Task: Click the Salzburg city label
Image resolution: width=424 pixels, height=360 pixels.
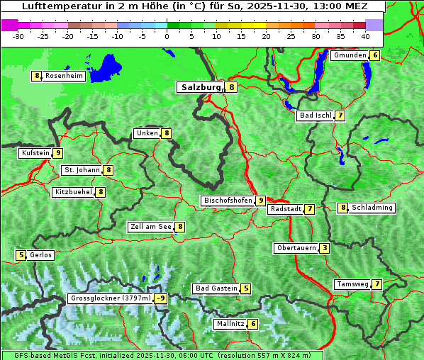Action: click(201, 87)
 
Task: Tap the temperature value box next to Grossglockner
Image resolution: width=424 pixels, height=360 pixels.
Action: click(161, 298)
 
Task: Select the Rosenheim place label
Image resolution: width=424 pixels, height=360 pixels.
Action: click(64, 76)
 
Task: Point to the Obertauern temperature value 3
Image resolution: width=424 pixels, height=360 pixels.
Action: click(324, 248)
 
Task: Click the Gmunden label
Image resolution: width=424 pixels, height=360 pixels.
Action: click(350, 55)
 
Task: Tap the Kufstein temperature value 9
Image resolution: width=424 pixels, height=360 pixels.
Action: click(58, 153)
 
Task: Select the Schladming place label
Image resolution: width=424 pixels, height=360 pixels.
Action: click(372, 208)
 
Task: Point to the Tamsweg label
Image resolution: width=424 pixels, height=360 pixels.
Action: click(352, 284)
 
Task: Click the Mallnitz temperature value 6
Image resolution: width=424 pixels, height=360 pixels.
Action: click(253, 324)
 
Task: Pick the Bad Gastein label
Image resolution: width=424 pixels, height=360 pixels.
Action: click(216, 288)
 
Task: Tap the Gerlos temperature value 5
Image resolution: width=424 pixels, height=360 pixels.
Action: click(21, 255)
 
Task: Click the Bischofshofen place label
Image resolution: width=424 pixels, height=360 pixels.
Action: click(228, 201)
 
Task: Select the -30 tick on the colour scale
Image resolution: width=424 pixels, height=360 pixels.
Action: click(18, 36)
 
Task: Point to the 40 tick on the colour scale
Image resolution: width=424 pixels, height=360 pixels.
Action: click(364, 36)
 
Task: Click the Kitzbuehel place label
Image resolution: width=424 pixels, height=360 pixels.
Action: click(73, 192)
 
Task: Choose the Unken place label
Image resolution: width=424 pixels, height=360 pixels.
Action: click(147, 133)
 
